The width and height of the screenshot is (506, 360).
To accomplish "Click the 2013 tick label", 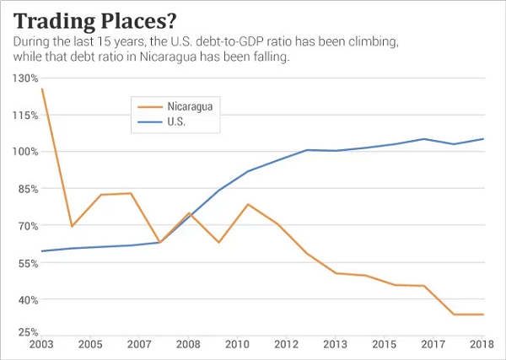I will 336,346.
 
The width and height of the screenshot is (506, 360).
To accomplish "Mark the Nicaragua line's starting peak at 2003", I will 42,89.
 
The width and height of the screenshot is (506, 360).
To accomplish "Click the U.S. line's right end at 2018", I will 483,139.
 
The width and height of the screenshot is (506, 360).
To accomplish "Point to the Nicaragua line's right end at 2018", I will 483,314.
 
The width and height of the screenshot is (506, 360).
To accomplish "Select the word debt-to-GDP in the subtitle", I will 258,41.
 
